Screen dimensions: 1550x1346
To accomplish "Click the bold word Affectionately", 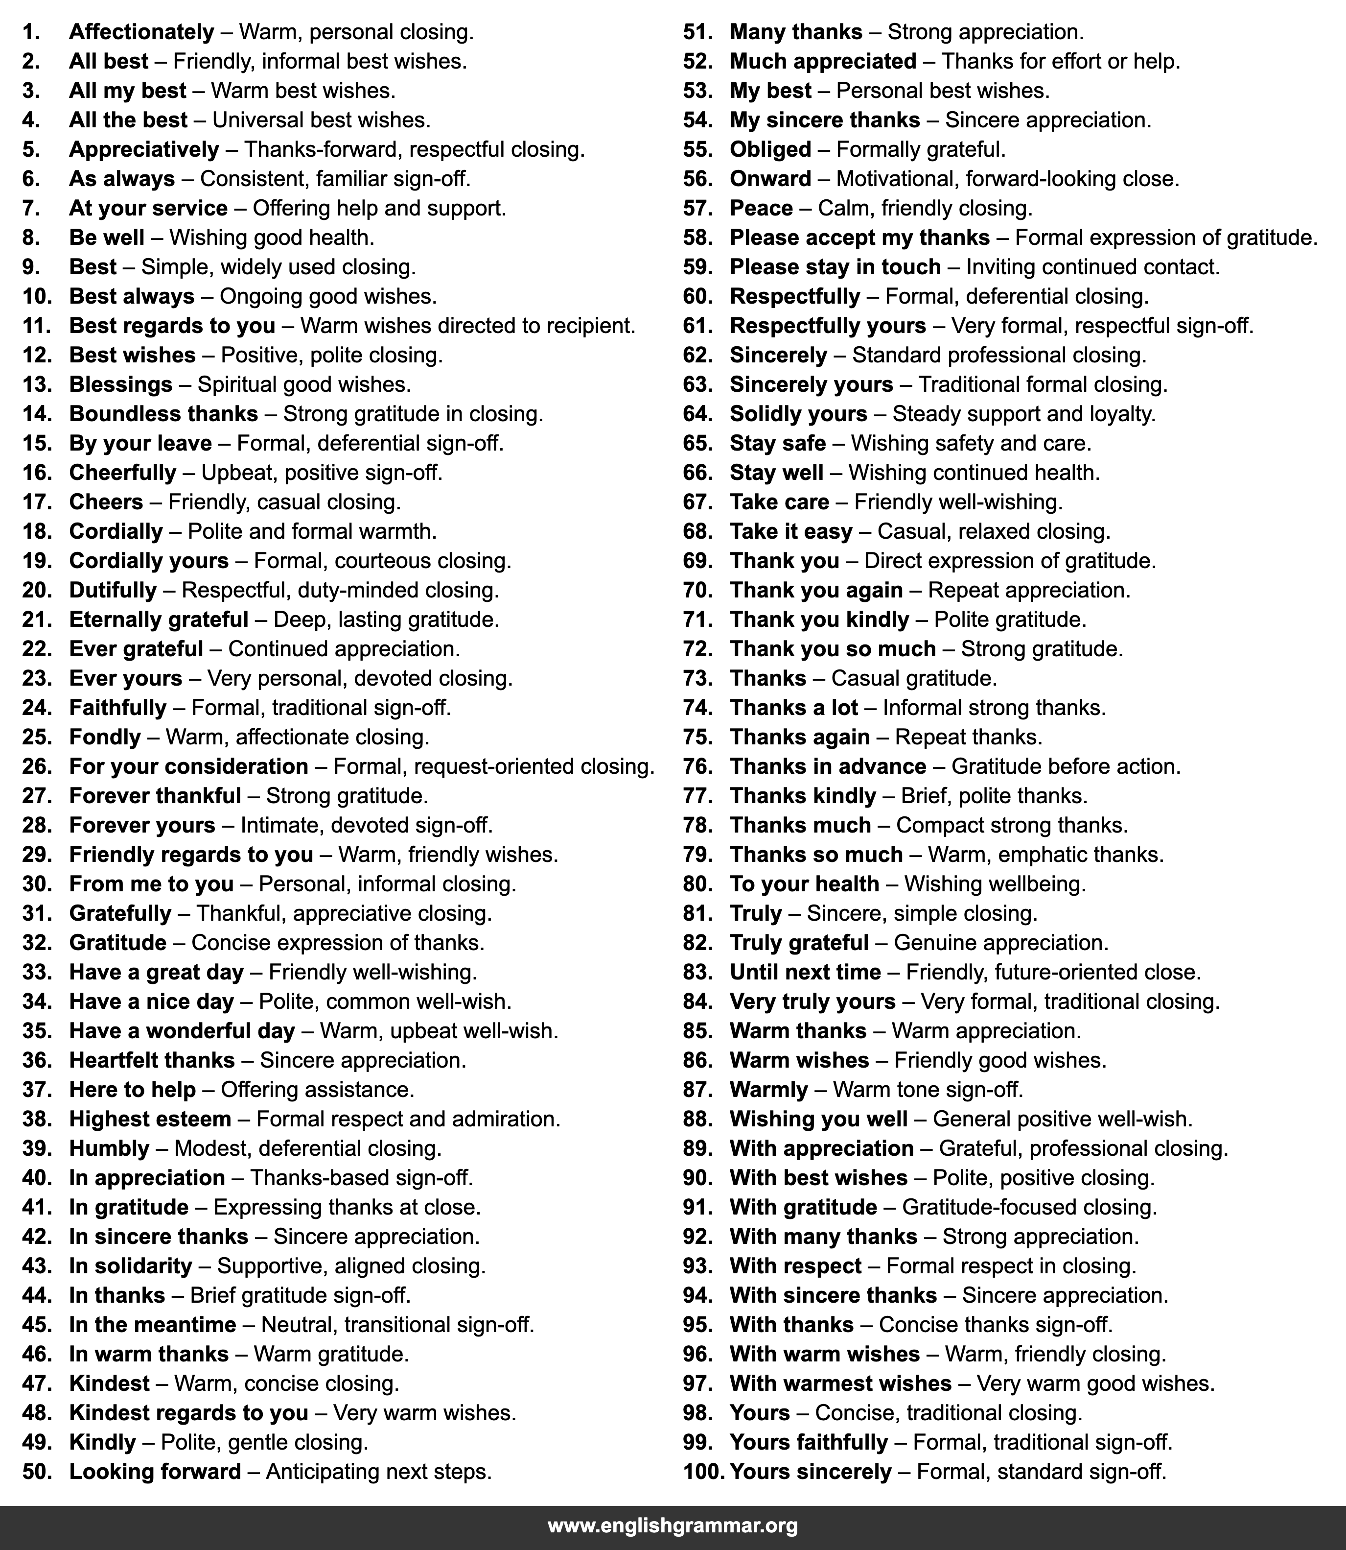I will tap(141, 32).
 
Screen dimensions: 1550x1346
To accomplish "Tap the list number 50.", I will tap(37, 1471).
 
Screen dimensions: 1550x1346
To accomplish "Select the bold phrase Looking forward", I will tap(155, 1471).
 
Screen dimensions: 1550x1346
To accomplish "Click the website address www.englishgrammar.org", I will tap(672, 1526).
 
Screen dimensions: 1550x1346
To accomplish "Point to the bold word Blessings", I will tap(121, 384).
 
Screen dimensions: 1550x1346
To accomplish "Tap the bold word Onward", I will tap(770, 179).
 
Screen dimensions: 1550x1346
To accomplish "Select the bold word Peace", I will tap(761, 208).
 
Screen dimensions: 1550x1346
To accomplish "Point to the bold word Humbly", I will tap(109, 1148).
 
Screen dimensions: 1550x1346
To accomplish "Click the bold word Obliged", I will tap(770, 149).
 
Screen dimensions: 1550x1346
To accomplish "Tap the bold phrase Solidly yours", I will tap(798, 414).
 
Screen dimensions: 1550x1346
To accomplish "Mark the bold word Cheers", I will tap(106, 502).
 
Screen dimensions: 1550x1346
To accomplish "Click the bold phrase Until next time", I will tap(805, 972).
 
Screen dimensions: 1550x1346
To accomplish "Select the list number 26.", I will tap(37, 766).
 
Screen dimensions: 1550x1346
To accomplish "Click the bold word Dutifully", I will tap(113, 590).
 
